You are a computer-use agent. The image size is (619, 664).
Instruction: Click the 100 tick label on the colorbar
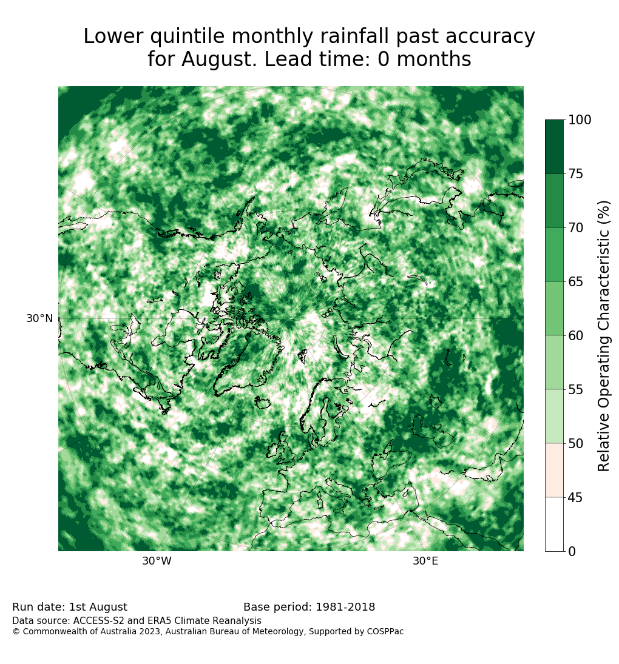[580, 120]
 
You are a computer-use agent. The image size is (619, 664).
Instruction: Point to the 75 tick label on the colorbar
[576, 174]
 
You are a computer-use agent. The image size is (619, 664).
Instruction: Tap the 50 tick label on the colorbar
[576, 444]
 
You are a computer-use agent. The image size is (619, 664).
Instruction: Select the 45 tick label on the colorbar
[576, 498]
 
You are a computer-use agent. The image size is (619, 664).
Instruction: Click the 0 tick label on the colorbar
[572, 551]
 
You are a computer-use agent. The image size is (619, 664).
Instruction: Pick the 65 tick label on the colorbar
[576, 282]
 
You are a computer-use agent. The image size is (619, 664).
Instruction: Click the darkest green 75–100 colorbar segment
[555, 147]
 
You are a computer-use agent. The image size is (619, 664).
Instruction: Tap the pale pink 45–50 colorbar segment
[555, 471]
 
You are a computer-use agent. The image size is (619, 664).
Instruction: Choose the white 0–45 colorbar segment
[555, 525]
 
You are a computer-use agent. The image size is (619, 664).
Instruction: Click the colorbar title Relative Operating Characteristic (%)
[603, 336]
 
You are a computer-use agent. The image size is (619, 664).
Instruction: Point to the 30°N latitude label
[40, 318]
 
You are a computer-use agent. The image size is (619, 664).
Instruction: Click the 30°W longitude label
[157, 561]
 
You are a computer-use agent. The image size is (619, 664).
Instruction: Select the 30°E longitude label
[425, 561]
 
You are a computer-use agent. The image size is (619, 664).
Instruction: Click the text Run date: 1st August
[70, 607]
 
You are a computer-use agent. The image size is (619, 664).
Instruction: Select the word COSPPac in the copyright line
[385, 631]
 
